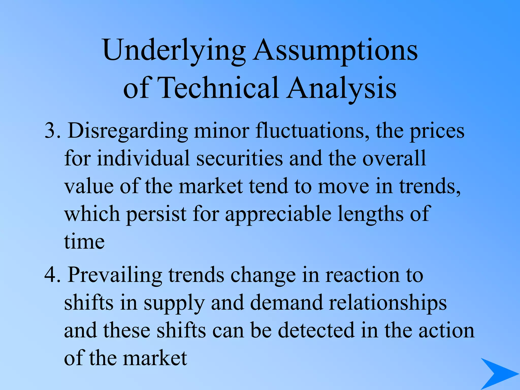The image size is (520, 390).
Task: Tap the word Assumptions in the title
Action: (x=335, y=51)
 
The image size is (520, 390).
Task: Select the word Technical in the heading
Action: (x=218, y=88)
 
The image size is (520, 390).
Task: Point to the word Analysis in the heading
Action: (x=342, y=88)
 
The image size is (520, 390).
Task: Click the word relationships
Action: (x=387, y=303)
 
